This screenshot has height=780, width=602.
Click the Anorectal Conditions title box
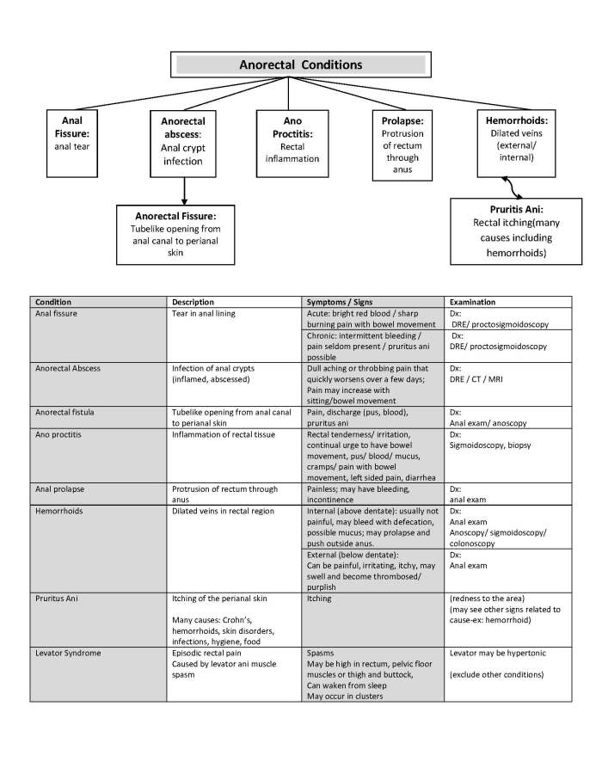pyautogui.click(x=300, y=64)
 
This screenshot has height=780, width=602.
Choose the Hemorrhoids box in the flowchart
pyautogui.click(x=512, y=140)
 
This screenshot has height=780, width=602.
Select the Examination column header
pyautogui.click(x=472, y=302)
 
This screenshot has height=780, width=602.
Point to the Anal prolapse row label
pyautogui.click(x=60, y=489)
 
